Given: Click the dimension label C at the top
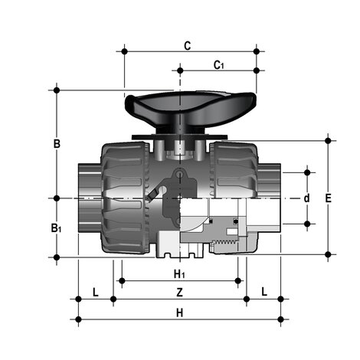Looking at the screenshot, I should [x=187, y=45].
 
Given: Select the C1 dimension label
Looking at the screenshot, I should [x=218, y=64].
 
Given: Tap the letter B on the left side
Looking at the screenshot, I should [x=56, y=143].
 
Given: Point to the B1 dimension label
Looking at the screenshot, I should [x=56, y=227].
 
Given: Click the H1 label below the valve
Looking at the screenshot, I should [x=179, y=273].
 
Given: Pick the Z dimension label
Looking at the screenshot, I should [x=179, y=292].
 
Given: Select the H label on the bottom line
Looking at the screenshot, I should [x=179, y=313].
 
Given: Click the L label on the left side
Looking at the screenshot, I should [x=95, y=292].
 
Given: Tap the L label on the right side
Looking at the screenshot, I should [x=263, y=292].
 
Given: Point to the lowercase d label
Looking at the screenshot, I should [x=307, y=198].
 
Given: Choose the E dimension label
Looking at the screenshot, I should [x=329, y=198].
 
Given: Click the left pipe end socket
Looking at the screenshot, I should [x=87, y=197].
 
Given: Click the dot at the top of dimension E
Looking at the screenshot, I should [x=329, y=140].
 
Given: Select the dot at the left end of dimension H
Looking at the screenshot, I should [x=77, y=319].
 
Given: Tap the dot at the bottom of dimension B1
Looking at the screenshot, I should [x=56, y=257].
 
